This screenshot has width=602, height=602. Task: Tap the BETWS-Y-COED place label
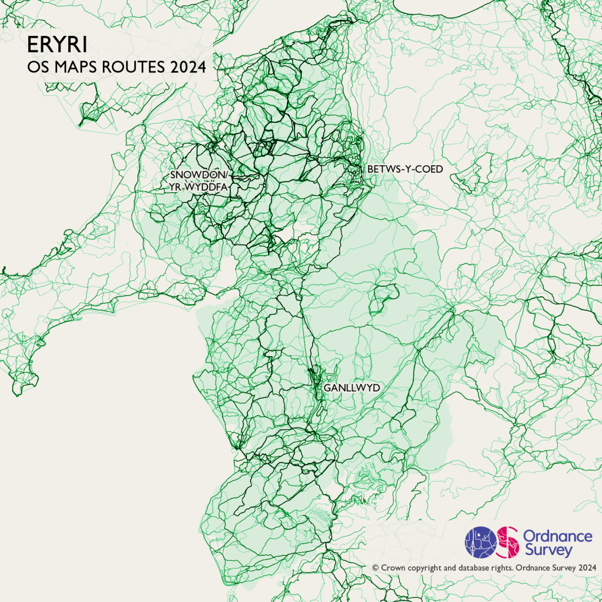[x=404, y=169]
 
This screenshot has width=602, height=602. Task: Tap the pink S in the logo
[x=507, y=542]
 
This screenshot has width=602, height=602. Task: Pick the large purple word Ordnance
[x=557, y=536]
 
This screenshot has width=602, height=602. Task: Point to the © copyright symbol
[x=375, y=568]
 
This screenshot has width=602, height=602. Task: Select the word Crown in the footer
[x=393, y=568]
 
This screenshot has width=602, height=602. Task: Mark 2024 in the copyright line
[x=588, y=568]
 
